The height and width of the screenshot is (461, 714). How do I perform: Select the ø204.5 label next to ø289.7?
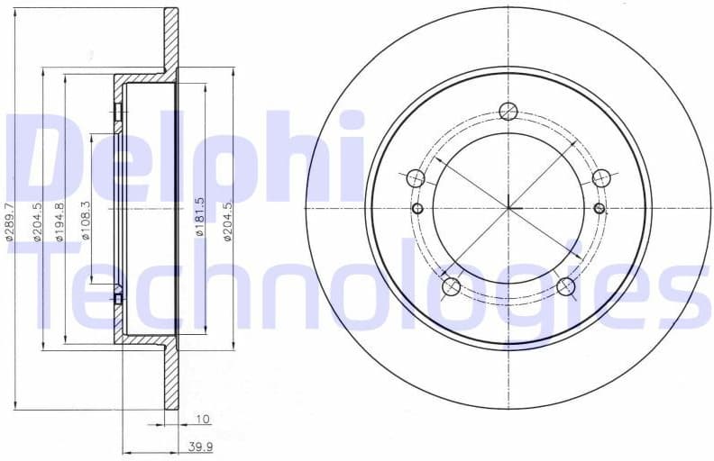point(36,221)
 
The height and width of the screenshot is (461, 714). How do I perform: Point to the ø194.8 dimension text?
point(59,221)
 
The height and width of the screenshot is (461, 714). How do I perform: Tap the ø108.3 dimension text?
point(86,221)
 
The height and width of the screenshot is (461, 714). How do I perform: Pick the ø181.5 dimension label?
point(200,217)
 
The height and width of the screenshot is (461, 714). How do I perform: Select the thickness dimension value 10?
point(202,420)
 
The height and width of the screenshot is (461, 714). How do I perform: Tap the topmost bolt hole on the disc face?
point(508,112)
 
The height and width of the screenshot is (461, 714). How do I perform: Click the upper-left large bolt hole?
point(416,178)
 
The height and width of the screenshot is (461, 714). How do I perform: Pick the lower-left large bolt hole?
point(451,287)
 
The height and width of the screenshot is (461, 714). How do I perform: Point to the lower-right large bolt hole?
point(565,287)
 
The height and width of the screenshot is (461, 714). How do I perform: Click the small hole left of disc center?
point(416,209)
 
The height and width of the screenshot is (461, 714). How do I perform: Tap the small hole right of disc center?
point(600,209)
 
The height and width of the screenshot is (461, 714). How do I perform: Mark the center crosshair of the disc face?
point(508,209)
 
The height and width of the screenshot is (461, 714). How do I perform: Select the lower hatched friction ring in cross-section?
point(170,378)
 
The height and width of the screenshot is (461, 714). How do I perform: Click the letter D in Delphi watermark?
point(45,158)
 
